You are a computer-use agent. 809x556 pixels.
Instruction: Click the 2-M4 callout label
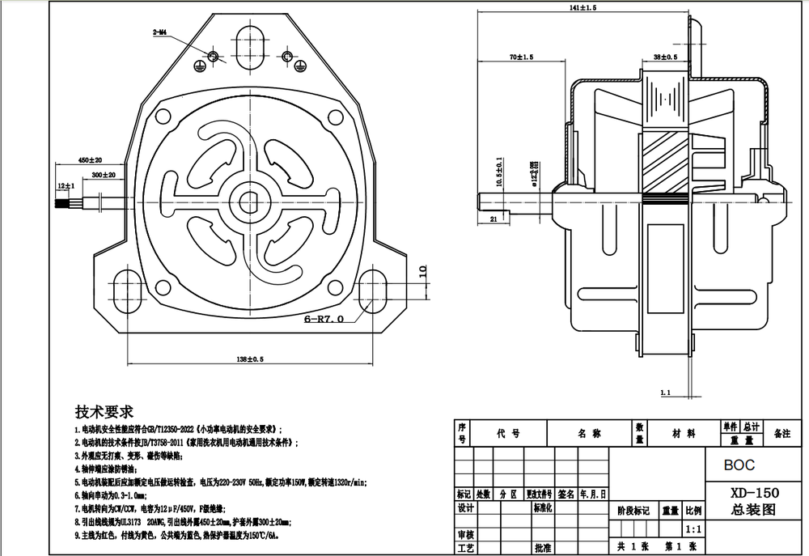tap(158, 32)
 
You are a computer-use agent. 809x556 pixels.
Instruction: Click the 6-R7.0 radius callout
tap(324, 319)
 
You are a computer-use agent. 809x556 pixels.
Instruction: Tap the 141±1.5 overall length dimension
tap(582, 7)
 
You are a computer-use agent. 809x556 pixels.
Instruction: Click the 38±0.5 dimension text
tap(665, 57)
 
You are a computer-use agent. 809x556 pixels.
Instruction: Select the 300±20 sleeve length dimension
tap(103, 174)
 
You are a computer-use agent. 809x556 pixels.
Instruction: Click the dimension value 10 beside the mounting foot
tap(421, 272)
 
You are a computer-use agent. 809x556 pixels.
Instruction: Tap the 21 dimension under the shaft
tap(493, 219)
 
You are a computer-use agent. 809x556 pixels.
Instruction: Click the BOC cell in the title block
tap(739, 465)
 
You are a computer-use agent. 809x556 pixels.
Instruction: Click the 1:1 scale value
tap(693, 529)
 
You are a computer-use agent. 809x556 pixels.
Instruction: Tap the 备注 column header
tap(781, 434)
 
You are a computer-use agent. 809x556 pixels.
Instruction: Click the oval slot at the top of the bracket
tap(249, 36)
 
